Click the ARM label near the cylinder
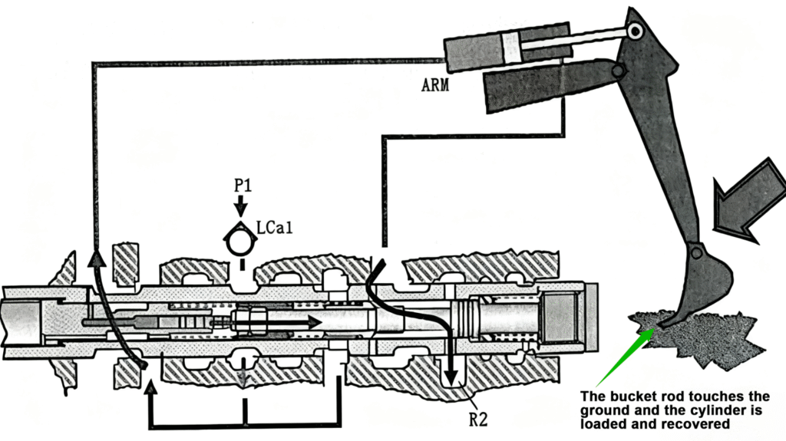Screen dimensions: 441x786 [x=434, y=85]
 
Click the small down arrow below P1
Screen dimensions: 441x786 [x=241, y=206]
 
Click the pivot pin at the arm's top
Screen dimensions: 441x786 [x=635, y=30]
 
